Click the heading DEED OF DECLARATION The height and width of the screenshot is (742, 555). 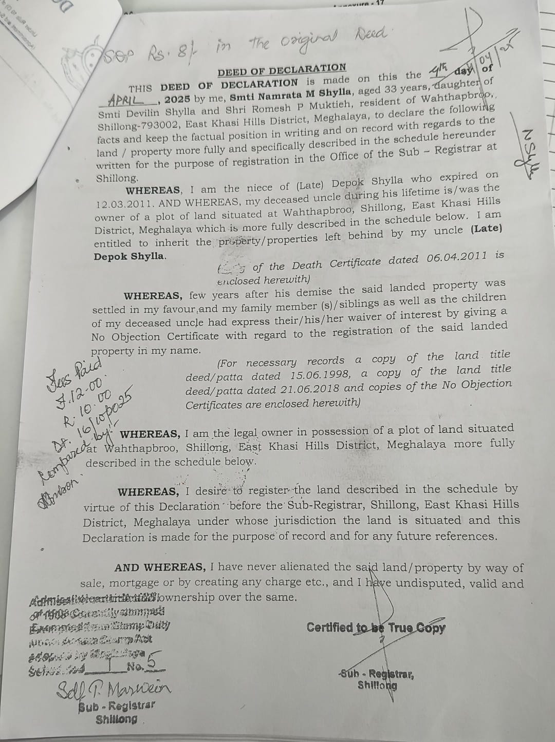point(282,69)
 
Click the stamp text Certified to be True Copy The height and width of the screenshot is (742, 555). point(376,627)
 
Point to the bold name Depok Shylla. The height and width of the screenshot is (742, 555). point(129,256)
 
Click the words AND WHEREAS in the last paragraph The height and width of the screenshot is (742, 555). point(159,567)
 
